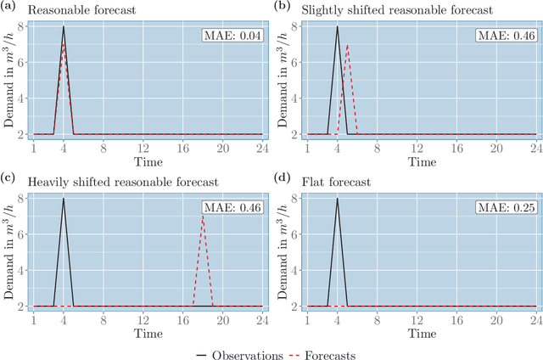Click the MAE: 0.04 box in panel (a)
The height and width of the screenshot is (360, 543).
coord(232,36)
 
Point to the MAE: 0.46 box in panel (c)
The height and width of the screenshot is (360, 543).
coord(232,208)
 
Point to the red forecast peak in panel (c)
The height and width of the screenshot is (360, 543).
coord(202,217)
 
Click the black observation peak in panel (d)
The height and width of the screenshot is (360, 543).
coord(337,199)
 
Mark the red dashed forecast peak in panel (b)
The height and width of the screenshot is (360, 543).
coord(347,46)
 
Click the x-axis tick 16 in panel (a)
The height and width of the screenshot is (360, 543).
coord(177,149)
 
